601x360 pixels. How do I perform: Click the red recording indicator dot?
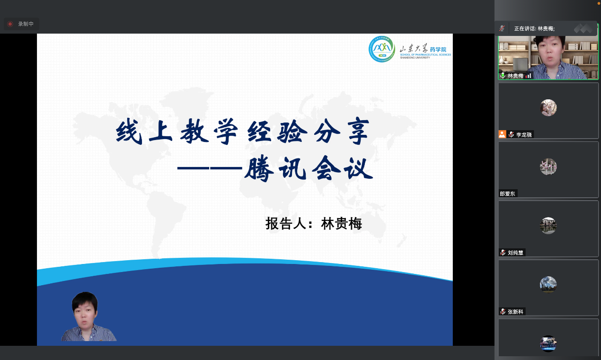click(10, 24)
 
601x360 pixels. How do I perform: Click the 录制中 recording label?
click(26, 24)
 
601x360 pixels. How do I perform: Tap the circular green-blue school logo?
click(382, 49)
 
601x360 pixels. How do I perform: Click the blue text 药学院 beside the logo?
click(438, 49)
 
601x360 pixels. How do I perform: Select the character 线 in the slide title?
click(129, 132)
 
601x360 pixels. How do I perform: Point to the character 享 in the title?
click(358, 132)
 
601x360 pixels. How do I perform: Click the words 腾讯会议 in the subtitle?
click(309, 168)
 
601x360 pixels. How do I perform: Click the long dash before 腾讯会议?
click(210, 168)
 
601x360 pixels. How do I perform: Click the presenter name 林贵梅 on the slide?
click(342, 223)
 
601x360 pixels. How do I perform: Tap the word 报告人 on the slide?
click(286, 223)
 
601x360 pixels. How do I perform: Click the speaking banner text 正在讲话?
click(525, 29)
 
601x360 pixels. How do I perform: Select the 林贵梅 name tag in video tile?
click(515, 76)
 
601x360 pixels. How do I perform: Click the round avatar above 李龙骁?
click(548, 107)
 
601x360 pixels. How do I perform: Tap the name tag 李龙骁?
click(524, 135)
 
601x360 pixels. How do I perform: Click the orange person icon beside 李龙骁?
click(502, 134)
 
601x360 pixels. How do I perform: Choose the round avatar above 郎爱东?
click(548, 167)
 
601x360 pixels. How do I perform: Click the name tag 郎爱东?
click(507, 193)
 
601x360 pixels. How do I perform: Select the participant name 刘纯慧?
click(515, 253)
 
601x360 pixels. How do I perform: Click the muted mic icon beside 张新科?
click(503, 312)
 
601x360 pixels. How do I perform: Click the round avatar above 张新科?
click(548, 285)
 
